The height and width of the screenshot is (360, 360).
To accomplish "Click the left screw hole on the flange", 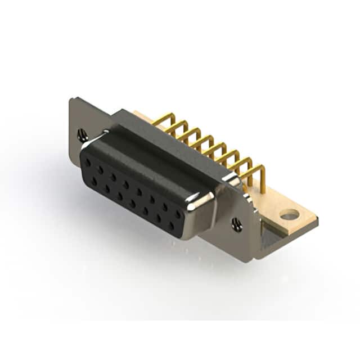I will click(82, 134).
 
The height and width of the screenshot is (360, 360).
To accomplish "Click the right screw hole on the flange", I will click(237, 224).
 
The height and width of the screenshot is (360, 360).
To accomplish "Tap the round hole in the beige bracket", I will click(289, 214).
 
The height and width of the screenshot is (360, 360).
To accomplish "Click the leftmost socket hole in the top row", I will click(88, 162).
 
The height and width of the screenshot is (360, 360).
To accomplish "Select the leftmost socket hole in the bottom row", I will click(94, 181).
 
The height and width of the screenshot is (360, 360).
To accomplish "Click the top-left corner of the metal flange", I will click(71, 99).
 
